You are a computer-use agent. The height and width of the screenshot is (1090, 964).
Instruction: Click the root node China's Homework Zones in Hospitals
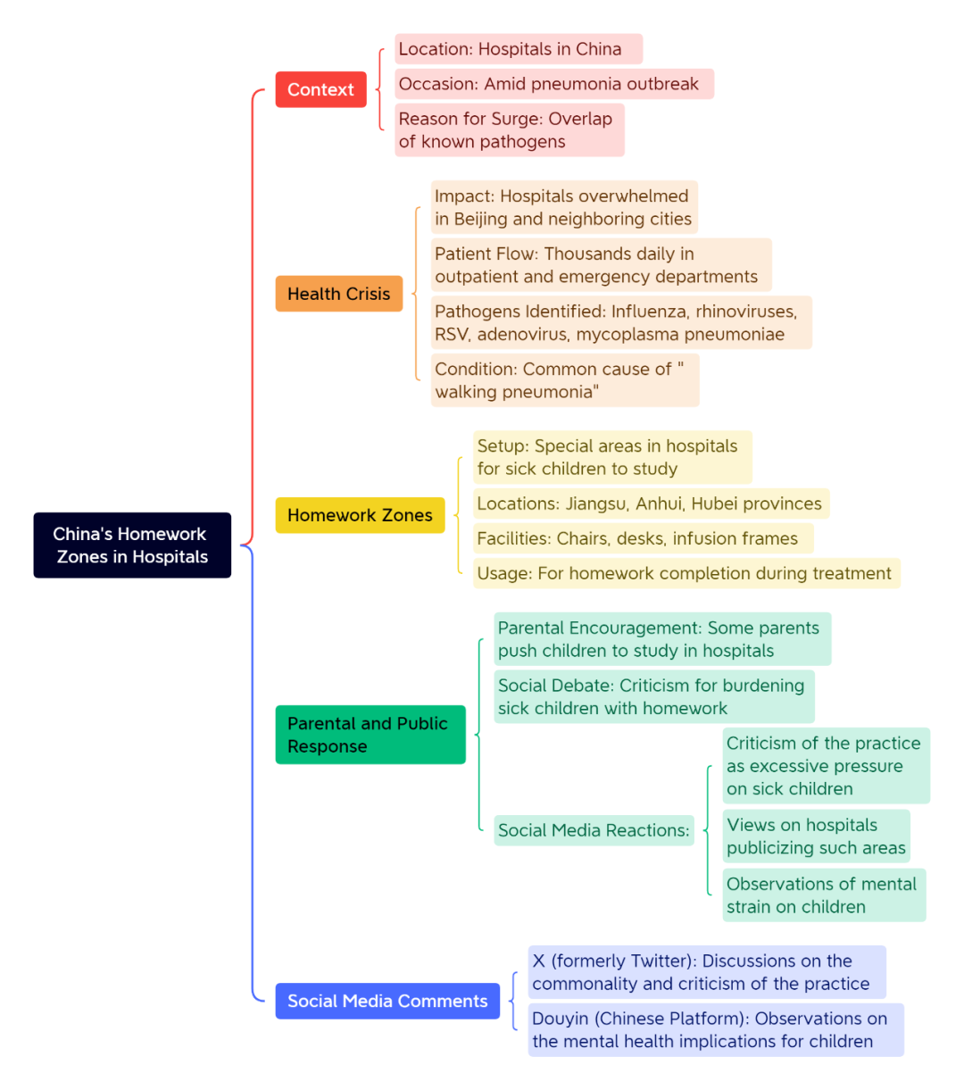[x=132, y=545]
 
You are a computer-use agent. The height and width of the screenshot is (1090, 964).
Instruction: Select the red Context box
[x=320, y=89]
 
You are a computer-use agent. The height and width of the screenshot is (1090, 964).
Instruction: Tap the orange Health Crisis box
[x=339, y=294]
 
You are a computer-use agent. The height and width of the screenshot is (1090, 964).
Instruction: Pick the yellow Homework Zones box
[x=360, y=515]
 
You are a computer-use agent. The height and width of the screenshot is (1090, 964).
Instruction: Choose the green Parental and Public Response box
[x=370, y=735]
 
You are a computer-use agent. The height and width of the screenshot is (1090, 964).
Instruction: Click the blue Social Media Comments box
[x=387, y=1001]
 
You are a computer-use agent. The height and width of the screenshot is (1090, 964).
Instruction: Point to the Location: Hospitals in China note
[x=519, y=49]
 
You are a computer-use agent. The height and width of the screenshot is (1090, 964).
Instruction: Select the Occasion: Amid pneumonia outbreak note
[x=554, y=84]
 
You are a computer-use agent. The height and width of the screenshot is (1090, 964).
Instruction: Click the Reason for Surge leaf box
[x=510, y=130]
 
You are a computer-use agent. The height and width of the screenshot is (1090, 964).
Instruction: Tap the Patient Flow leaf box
[x=602, y=265]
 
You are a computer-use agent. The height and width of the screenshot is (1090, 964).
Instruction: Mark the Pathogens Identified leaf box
[x=621, y=323]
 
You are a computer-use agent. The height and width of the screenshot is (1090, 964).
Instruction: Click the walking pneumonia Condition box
[x=565, y=380]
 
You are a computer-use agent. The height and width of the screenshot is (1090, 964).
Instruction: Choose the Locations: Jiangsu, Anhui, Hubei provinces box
[x=651, y=503]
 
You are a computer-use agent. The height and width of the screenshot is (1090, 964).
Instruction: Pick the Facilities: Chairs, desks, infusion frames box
[x=643, y=538]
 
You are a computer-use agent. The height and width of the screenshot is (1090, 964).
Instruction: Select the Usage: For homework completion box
[x=686, y=573]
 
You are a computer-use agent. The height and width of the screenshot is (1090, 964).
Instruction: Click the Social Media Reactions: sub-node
[x=594, y=830]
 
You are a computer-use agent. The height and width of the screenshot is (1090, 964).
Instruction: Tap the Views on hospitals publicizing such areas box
[x=816, y=836]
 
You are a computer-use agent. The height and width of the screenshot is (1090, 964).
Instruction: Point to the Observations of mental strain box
[x=824, y=895]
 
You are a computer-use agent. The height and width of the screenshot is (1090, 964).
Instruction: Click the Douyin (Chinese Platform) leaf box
[x=716, y=1030]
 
